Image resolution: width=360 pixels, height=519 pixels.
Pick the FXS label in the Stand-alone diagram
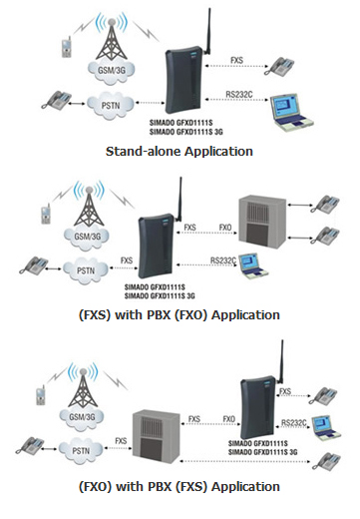236,62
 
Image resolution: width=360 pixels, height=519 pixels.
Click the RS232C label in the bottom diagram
293,423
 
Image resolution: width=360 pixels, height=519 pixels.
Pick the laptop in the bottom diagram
323,426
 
